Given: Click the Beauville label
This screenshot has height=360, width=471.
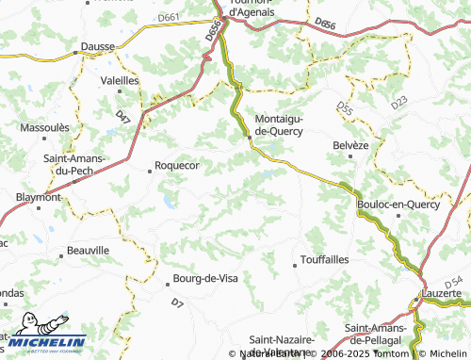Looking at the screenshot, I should [x=89, y=251].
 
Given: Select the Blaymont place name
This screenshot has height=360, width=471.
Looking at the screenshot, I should [x=39, y=198].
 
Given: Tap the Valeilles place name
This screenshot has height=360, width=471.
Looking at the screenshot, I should [x=120, y=81].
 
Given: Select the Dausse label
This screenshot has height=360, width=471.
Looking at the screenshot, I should [x=99, y=43].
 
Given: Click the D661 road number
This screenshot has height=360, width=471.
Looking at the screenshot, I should [x=171, y=18].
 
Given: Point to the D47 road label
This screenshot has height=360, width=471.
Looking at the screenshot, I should [x=122, y=117].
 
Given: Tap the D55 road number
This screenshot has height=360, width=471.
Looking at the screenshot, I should [x=345, y=112].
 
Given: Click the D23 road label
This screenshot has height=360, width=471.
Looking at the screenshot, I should [x=398, y=101].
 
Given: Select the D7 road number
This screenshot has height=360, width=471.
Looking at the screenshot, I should [x=177, y=303].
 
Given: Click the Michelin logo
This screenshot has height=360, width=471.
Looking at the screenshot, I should [x=43, y=333].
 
